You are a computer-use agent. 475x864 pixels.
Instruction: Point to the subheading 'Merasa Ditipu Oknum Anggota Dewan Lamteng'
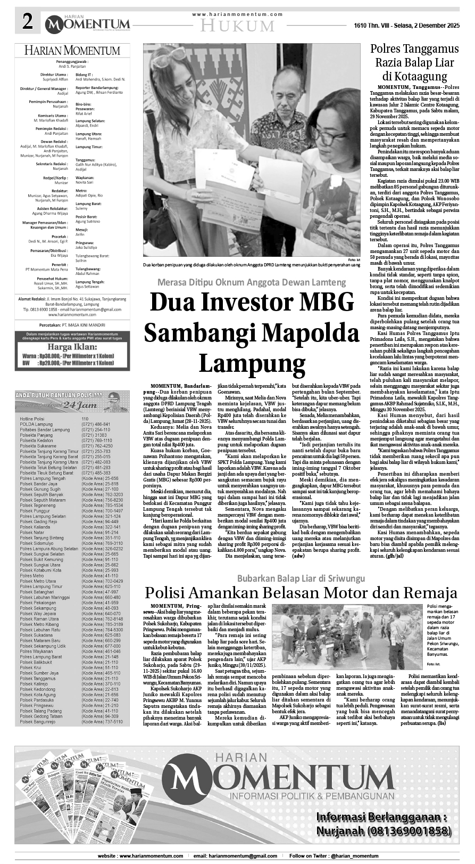pos(251,282)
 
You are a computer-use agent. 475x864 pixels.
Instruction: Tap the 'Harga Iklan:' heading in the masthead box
pos(73,347)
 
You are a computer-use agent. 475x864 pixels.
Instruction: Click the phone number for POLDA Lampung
pos(96,409)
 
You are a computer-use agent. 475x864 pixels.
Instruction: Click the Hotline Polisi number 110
pos(85,404)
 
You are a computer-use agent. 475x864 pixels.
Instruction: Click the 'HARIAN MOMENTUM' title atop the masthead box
pos(72,51)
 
